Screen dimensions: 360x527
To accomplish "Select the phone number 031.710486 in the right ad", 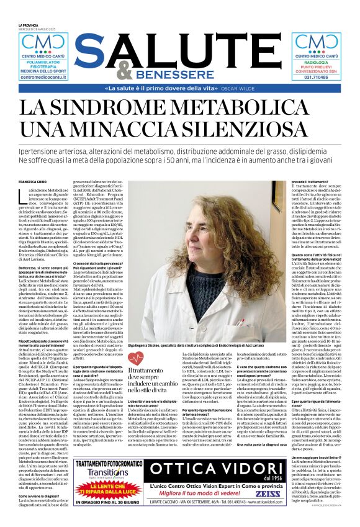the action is click(x=317, y=79).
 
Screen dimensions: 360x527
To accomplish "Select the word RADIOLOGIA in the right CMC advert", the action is click(x=317, y=62).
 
